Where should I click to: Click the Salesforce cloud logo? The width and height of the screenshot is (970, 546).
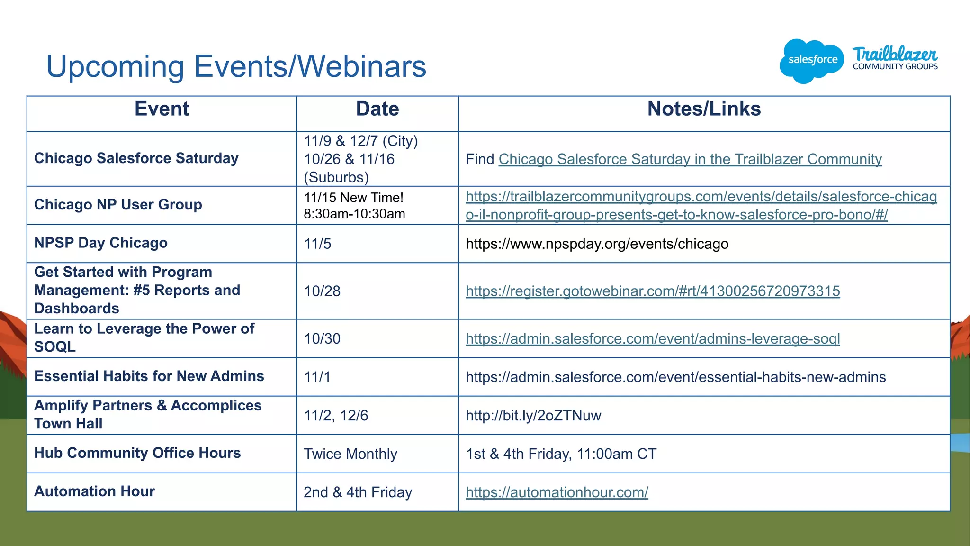point(812,61)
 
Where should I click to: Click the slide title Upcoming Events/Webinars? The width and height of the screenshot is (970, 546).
point(236,66)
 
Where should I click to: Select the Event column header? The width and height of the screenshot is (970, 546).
point(162,109)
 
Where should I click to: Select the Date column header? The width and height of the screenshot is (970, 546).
point(377,109)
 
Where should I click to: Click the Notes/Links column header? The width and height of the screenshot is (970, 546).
point(704,109)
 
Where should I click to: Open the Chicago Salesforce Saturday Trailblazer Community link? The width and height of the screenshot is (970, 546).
point(690,159)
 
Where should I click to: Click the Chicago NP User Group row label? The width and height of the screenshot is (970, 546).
point(118,205)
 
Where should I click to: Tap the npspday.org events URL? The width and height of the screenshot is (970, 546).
point(597,244)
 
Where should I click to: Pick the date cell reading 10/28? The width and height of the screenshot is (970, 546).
point(322,291)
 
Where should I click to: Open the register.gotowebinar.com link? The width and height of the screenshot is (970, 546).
point(653,291)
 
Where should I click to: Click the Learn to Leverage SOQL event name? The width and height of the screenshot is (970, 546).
point(144,337)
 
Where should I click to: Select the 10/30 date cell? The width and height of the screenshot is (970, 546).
point(322,339)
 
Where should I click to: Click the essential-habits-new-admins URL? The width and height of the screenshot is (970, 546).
point(675,377)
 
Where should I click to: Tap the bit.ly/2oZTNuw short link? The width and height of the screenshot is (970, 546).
point(533,416)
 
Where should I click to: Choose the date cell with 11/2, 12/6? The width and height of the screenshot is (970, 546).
point(336,416)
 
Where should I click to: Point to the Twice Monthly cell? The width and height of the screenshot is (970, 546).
point(350,454)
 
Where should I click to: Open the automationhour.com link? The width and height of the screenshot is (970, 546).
point(557,492)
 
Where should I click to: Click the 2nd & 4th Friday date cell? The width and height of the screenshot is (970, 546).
point(358,492)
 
